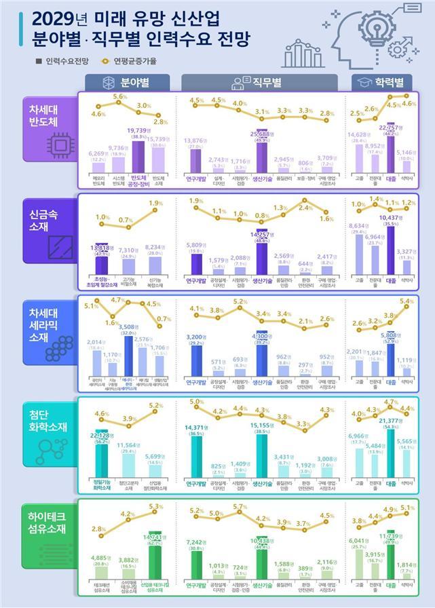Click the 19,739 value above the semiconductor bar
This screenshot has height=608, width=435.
140,130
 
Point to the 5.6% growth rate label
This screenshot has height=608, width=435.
120,97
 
